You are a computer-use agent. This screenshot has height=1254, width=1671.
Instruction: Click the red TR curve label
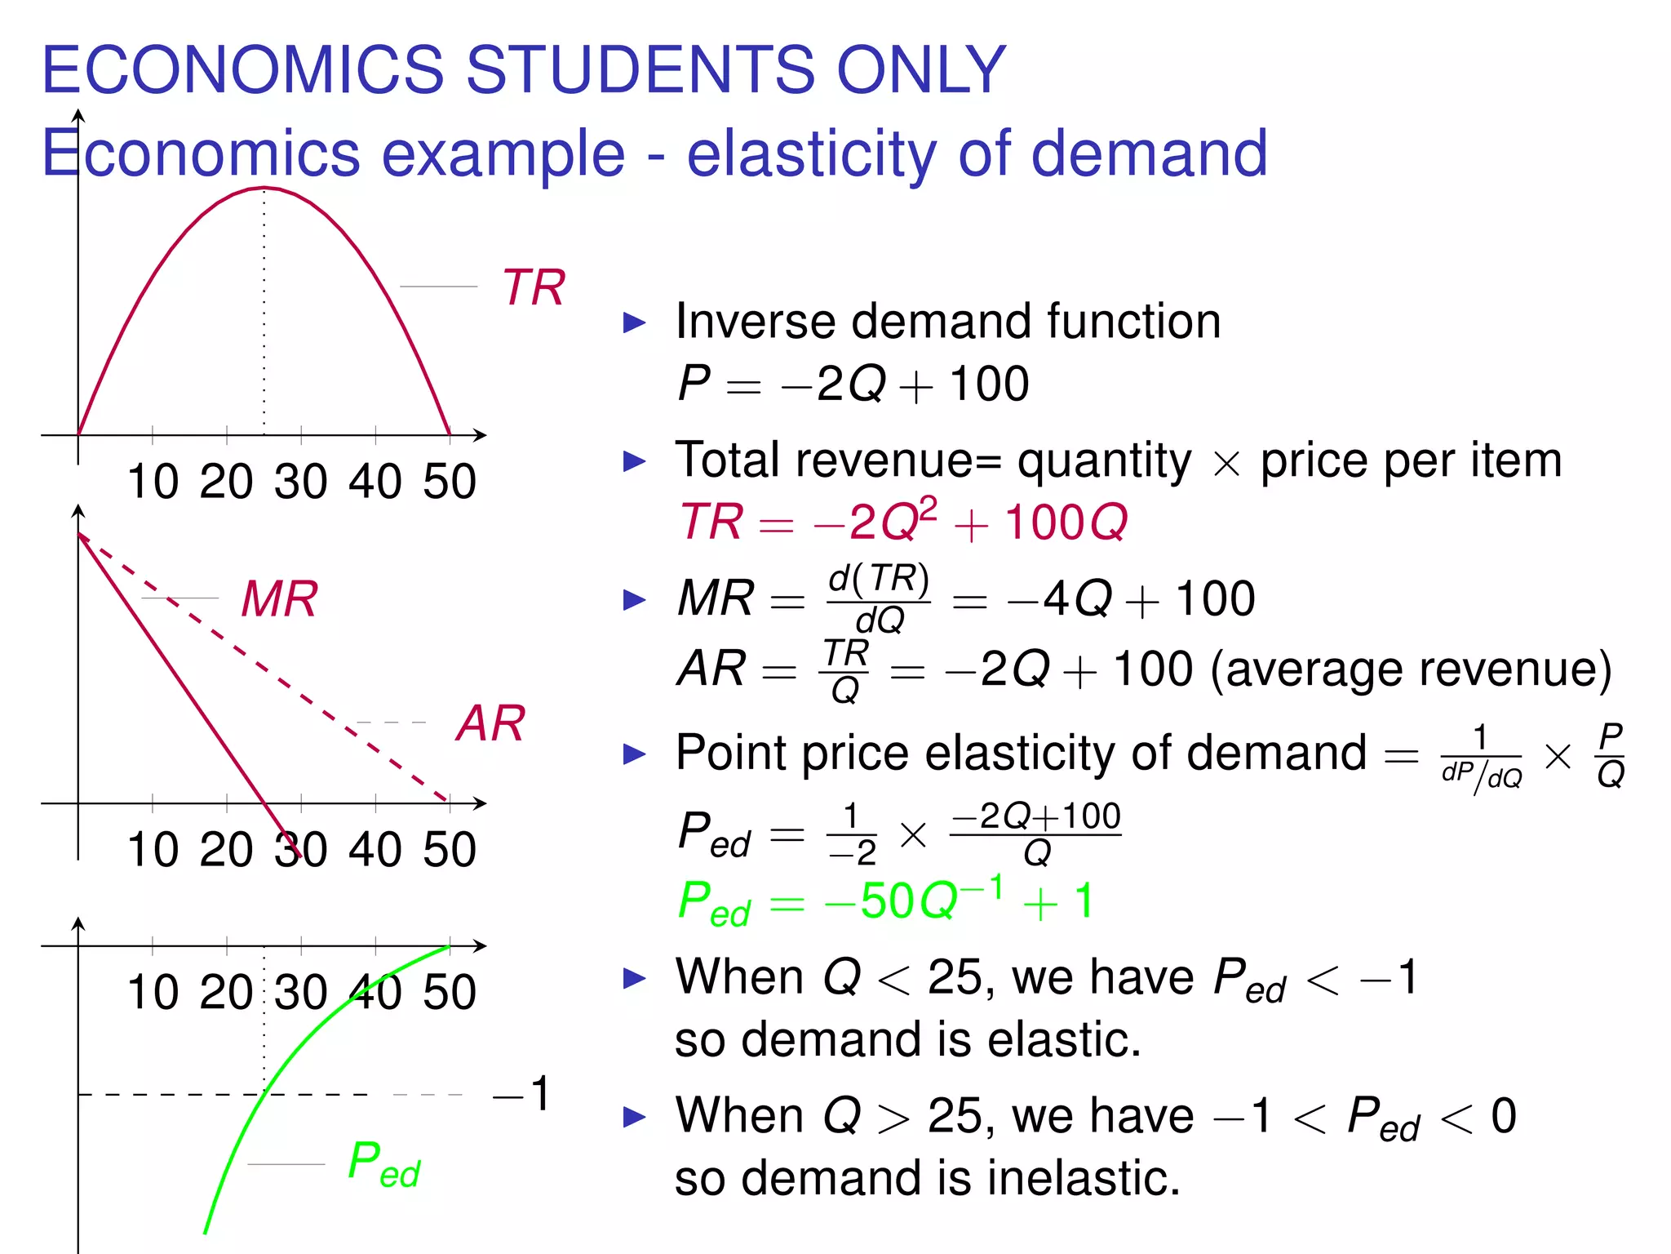click(534, 287)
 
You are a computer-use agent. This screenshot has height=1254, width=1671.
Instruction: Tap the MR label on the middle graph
click(279, 599)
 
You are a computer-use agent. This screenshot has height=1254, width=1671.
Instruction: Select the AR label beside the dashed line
click(490, 723)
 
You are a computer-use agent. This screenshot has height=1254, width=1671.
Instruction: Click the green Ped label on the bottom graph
click(383, 1164)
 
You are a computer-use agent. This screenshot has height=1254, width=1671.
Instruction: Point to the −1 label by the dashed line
click(522, 1094)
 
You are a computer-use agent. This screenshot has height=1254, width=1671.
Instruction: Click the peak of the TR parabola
click(264, 189)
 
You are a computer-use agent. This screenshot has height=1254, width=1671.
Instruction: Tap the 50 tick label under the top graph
click(450, 482)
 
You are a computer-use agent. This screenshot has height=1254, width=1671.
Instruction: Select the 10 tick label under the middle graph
click(153, 850)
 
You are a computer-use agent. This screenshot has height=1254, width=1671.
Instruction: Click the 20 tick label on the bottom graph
click(226, 993)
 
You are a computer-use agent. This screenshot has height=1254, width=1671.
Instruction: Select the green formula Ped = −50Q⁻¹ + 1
click(885, 902)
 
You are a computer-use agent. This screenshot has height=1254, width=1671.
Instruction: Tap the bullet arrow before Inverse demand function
click(634, 322)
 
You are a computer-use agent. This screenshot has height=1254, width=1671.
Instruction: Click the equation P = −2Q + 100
click(853, 384)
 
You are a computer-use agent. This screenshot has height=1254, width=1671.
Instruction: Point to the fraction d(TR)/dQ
click(879, 599)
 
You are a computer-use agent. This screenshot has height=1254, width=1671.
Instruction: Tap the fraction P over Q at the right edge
click(1611, 754)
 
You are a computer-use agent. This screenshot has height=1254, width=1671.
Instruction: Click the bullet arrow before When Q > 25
click(634, 1117)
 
